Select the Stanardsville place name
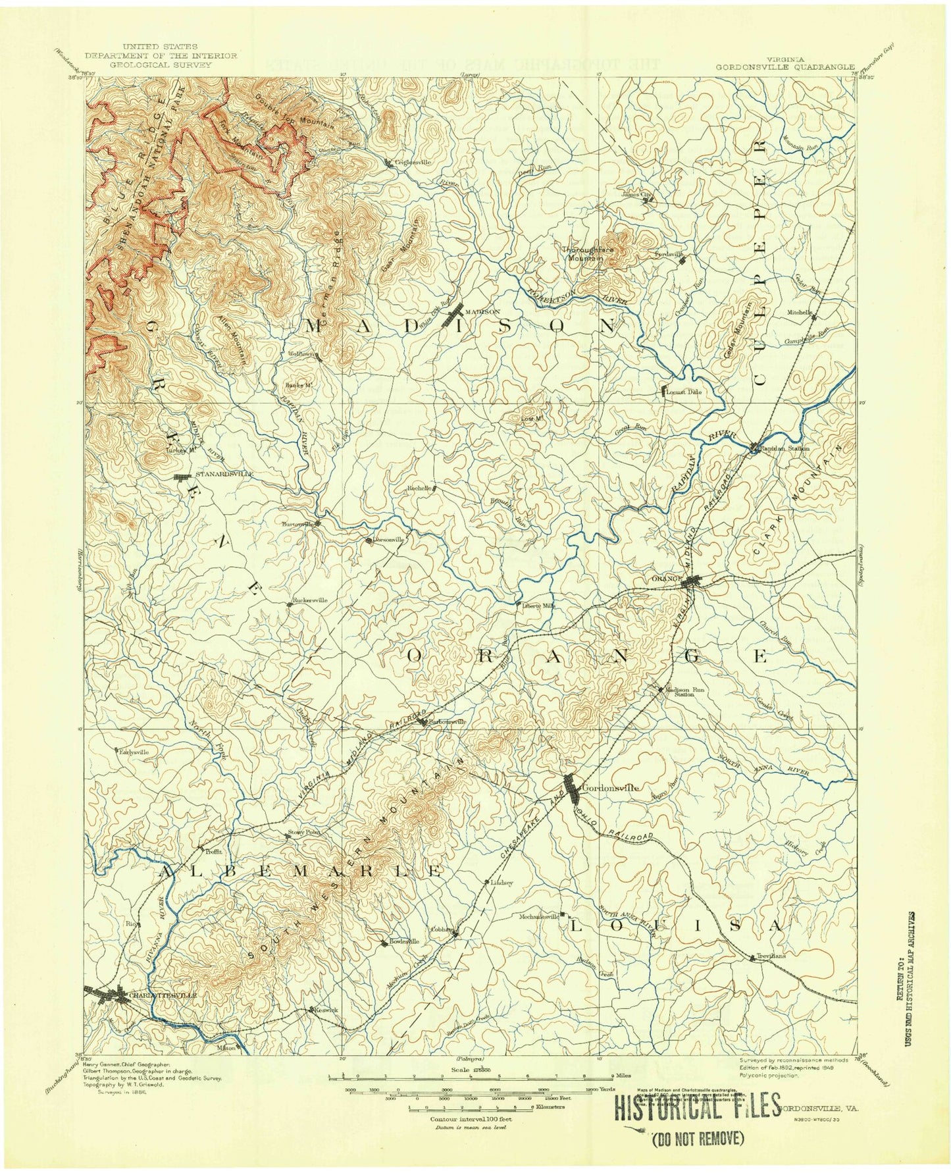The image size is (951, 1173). click(x=215, y=474)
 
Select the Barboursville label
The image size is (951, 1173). click(x=447, y=721)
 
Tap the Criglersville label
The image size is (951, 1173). click(x=413, y=161)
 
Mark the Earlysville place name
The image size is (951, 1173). click(x=134, y=751)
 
